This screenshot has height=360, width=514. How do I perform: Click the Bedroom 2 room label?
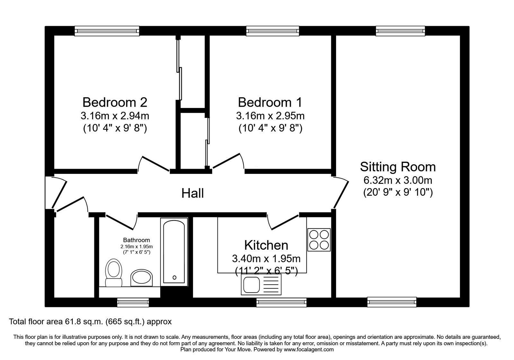click(115, 103)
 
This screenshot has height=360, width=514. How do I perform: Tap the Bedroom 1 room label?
click(270, 103)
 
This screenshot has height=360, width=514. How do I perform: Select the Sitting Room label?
click(398, 167)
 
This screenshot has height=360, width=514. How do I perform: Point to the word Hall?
click(192, 193)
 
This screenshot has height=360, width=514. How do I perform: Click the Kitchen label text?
click(266, 245)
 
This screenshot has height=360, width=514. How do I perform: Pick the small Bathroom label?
click(137, 240)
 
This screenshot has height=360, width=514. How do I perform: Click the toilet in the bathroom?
click(113, 273)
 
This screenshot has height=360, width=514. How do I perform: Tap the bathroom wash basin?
click(142, 278)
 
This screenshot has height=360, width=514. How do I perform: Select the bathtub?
click(174, 252)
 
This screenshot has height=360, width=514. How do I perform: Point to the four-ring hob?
click(319, 240)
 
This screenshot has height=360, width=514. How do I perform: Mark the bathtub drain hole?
click(174, 278)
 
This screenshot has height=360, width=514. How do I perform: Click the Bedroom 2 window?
click(107, 31)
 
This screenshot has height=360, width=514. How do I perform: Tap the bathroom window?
click(133, 302)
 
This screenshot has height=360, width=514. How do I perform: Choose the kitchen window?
click(281, 302)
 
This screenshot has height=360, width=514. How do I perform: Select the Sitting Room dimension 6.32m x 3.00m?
click(398, 180)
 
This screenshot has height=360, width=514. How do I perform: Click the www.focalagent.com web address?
click(309, 350)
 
